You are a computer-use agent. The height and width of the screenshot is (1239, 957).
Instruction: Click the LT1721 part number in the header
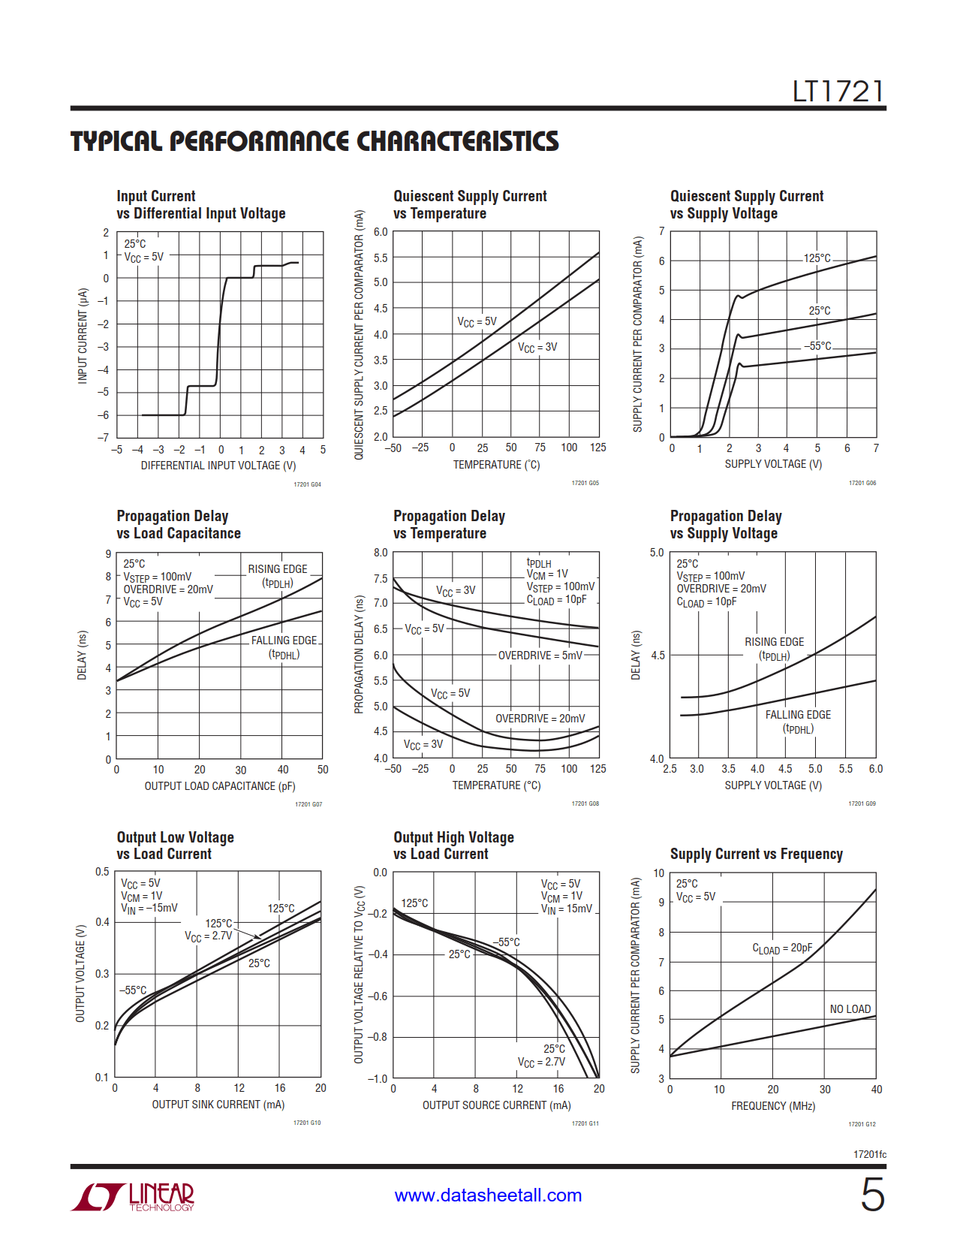(x=838, y=92)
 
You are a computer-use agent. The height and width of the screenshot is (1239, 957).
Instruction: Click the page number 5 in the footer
(x=872, y=1194)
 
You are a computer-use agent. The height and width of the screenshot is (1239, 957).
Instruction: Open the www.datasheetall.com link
(x=488, y=1195)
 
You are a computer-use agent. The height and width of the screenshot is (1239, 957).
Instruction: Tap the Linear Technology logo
(x=133, y=1196)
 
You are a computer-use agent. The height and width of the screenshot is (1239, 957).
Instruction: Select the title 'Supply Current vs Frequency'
(x=756, y=855)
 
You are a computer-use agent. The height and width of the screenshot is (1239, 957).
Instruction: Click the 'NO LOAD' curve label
(x=850, y=1009)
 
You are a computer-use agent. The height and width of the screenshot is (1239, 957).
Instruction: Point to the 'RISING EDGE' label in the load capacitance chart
(x=278, y=569)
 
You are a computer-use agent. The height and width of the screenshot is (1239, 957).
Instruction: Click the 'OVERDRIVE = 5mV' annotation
(x=540, y=656)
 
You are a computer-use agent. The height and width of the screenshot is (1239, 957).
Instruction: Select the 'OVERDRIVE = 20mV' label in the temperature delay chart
(x=540, y=719)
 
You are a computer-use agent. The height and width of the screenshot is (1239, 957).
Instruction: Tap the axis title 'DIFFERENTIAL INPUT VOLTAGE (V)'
(x=218, y=466)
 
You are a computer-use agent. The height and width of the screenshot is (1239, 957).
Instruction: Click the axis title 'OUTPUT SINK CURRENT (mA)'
(x=218, y=1105)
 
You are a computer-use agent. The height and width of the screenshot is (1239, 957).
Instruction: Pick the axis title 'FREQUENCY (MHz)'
(x=773, y=1106)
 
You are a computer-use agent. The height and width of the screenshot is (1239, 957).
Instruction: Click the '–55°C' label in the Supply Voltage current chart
(x=817, y=346)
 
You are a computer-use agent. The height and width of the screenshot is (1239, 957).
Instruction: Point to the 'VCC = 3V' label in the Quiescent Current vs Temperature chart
(x=537, y=348)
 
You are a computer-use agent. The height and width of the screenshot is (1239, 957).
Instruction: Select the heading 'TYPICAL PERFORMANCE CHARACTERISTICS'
(x=314, y=142)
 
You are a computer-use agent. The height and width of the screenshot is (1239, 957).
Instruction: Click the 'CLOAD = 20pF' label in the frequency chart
(x=782, y=949)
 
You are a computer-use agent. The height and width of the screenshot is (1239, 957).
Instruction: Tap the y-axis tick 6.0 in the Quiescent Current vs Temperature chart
(x=381, y=232)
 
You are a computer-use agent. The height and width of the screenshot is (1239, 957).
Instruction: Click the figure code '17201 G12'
(x=862, y=1124)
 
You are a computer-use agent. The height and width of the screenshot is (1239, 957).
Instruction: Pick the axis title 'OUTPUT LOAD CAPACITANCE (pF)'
(x=220, y=786)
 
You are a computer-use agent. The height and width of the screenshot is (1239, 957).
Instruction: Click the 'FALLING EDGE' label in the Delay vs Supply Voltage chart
(x=798, y=715)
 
